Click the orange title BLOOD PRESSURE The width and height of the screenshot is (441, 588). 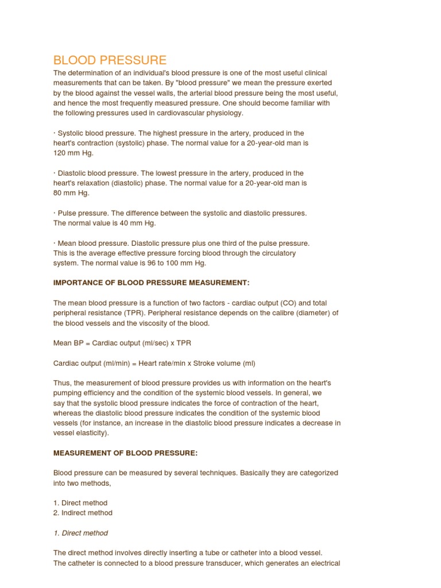click(x=110, y=60)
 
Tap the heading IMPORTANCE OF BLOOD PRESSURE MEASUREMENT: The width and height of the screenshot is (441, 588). click(x=152, y=283)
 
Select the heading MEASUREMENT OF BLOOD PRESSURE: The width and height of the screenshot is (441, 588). click(x=125, y=452)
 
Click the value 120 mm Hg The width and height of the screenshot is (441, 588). click(x=73, y=153)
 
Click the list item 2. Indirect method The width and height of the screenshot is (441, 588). click(x=83, y=513)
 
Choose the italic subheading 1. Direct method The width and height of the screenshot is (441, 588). click(x=80, y=533)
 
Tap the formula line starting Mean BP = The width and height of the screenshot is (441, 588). click(x=122, y=343)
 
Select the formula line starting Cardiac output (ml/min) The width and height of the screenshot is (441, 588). click(x=154, y=363)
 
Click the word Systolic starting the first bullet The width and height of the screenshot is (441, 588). click(x=71, y=133)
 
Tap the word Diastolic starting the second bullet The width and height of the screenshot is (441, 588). click(x=73, y=173)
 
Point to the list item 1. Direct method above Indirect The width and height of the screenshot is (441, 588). click(x=80, y=503)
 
